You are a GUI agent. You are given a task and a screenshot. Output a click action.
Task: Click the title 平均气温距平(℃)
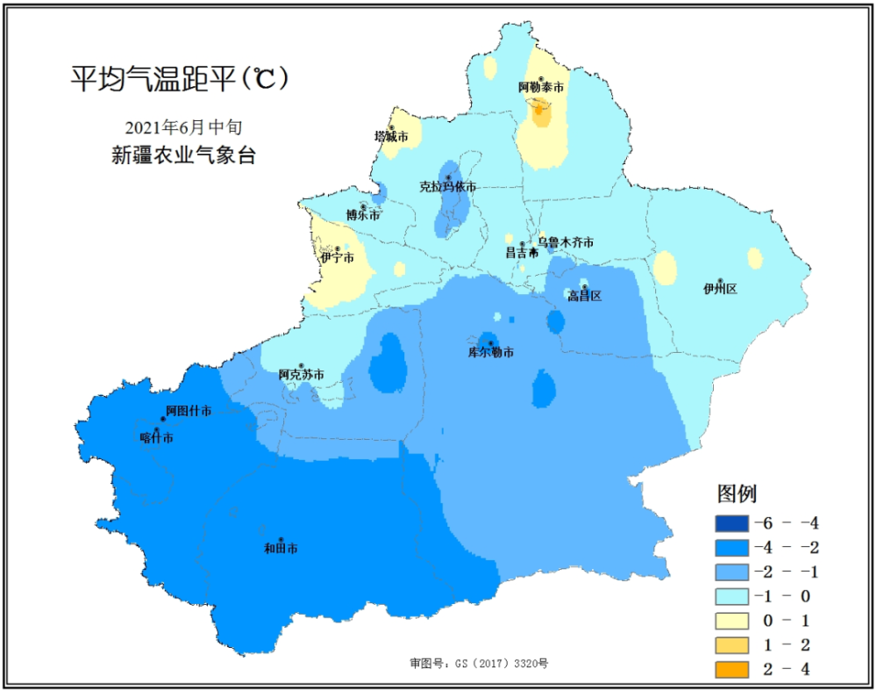(180, 80)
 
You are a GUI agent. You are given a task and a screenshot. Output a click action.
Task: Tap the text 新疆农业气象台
(182, 156)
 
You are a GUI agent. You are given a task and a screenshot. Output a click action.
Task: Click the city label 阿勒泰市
(540, 88)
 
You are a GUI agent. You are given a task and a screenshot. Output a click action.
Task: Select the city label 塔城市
(391, 137)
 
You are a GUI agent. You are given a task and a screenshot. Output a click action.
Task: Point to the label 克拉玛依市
(447, 187)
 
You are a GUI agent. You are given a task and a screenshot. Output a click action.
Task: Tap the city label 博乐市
(363, 215)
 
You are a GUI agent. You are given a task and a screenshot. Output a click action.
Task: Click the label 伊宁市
(337, 258)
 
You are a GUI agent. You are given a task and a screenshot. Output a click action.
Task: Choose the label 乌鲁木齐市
(566, 242)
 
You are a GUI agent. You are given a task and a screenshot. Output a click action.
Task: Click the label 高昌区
(584, 296)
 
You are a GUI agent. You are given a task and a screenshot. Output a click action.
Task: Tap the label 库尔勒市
(490, 353)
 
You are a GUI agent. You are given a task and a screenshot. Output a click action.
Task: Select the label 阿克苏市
(301, 375)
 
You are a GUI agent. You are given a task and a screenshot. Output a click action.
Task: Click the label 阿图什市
(189, 411)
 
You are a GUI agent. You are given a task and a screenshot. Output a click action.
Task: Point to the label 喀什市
(157, 437)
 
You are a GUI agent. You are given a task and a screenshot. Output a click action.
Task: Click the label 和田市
(281, 549)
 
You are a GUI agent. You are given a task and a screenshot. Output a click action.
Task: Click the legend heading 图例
(738, 493)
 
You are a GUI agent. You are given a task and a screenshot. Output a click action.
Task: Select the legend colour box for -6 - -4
(731, 524)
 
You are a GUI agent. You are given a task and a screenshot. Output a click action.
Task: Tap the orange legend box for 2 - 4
(731, 670)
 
